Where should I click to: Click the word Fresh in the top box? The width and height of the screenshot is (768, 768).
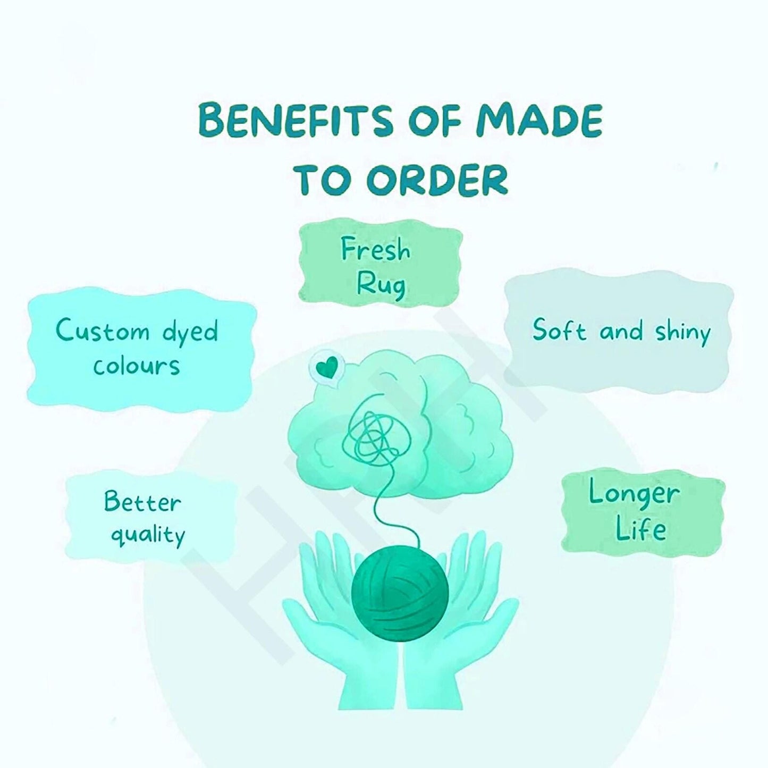(x=375, y=250)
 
